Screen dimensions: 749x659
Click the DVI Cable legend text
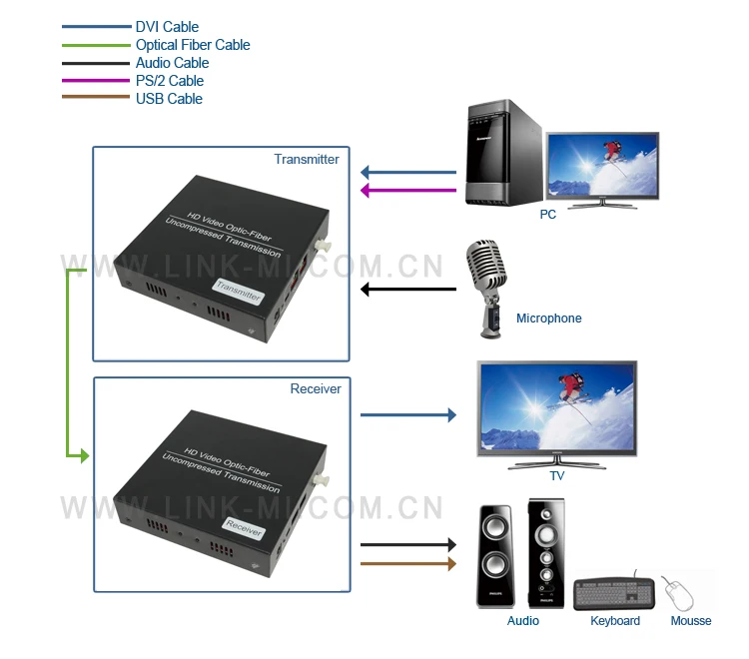point(167,27)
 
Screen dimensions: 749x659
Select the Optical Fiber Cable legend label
point(193,45)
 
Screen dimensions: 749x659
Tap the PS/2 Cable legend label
point(170,81)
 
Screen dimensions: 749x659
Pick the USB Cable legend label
point(169,99)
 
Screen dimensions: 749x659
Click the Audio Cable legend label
point(172,63)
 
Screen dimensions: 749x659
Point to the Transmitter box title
point(307,159)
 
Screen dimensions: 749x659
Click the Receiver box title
point(316,388)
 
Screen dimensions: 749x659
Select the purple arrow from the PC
point(408,191)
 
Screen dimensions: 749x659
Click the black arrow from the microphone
point(408,290)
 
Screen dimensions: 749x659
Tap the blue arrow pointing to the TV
point(408,415)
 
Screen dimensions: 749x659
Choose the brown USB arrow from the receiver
point(408,564)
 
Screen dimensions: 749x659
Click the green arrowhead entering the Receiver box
point(85,456)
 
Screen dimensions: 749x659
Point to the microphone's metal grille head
point(485,265)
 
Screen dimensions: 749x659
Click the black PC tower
point(504,153)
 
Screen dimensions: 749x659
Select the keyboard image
point(614,593)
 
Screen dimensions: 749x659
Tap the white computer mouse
point(678,593)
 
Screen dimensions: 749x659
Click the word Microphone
point(549,319)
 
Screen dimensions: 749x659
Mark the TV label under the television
point(557,476)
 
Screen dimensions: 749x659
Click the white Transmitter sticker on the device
point(239,291)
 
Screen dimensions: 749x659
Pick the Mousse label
point(691,621)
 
